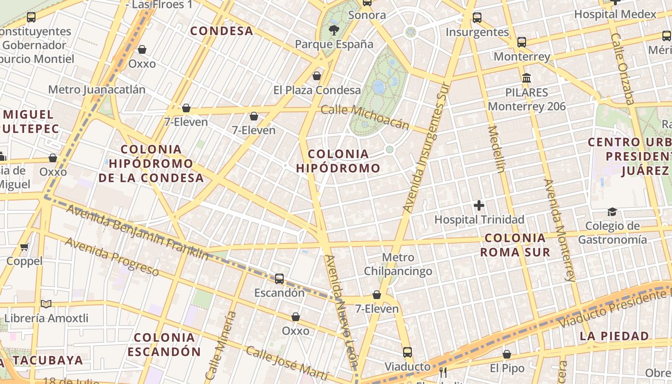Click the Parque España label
pyautogui.click(x=334, y=44)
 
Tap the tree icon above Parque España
pyautogui.click(x=333, y=31)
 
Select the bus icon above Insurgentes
pyautogui.click(x=477, y=18)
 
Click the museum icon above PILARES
pyautogui.click(x=527, y=78)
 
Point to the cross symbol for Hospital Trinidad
pyautogui.click(x=479, y=205)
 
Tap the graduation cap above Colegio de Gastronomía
pyautogui.click(x=612, y=212)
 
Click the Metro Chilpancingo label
pyautogui.click(x=398, y=264)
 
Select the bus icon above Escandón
pyautogui.click(x=279, y=278)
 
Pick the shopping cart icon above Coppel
pyautogui.click(x=24, y=247)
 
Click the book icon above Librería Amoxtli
pyautogui.click(x=46, y=304)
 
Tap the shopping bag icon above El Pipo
pyautogui.click(x=507, y=354)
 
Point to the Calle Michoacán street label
pyautogui.click(x=365, y=117)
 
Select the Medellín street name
pyautogui.click(x=497, y=149)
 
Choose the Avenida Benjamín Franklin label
pyautogui.click(x=137, y=232)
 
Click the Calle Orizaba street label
pyautogui.click(x=623, y=69)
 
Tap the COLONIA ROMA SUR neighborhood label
pyautogui.click(x=515, y=245)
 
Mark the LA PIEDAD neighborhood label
pyautogui.click(x=614, y=336)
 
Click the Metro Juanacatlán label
pyautogui.click(x=96, y=90)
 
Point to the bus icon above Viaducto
pyautogui.click(x=407, y=352)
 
